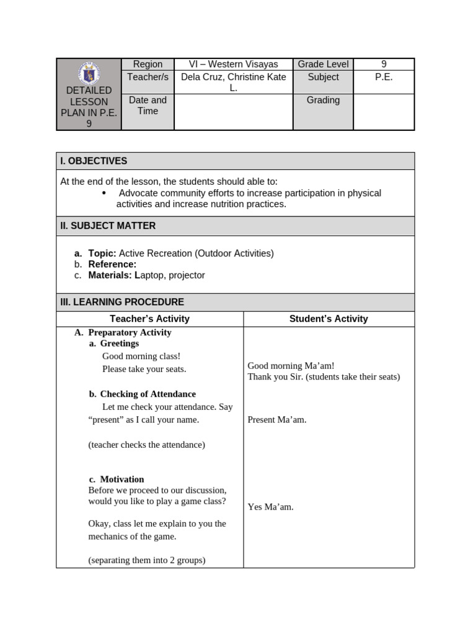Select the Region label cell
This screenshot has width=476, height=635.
point(148,64)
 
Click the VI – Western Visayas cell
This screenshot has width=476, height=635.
point(233,64)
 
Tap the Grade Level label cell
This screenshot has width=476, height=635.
point(323,64)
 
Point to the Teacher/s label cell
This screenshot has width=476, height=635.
point(148,77)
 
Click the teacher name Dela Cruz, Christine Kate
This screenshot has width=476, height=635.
point(233,77)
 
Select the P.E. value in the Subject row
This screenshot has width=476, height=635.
point(384,77)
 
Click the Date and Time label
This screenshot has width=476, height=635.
point(148,105)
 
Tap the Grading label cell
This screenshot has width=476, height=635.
point(323,100)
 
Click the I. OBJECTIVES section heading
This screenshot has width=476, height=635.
point(94,161)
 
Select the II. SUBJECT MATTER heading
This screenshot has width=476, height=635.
point(108,226)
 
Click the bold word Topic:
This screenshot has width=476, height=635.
point(102,253)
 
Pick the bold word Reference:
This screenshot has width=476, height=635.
point(112,264)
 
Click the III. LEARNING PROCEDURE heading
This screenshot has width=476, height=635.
point(122,302)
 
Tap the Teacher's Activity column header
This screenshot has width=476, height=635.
point(149,319)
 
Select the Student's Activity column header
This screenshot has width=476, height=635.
point(328,319)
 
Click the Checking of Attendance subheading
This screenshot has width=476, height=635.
point(148,394)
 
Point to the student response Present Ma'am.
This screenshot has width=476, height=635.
point(277,420)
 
